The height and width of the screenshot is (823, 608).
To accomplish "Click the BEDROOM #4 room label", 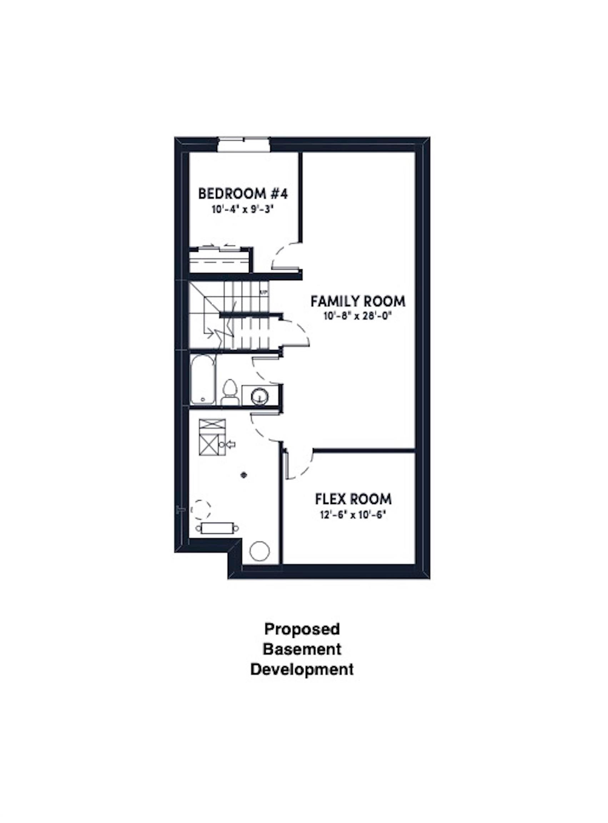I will coord(242,194).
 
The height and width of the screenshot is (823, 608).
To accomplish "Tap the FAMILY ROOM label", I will coord(358,301).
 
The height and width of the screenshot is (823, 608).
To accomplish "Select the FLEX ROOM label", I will coord(353,499).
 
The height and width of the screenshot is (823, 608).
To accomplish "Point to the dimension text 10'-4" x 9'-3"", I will coord(243,210).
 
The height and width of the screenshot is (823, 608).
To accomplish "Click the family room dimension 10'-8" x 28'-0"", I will coord(357,317).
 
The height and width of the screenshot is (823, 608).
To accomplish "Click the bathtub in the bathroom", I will coord(202,380).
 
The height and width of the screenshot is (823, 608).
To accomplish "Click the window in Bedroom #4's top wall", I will coord(243,144).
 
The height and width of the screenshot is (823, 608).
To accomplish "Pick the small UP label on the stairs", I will coord(263,293).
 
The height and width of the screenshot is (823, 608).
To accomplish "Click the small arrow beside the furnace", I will coord(231,445).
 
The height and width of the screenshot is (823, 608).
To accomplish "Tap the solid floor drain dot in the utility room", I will coord(243,475).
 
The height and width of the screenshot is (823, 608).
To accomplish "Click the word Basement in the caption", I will coord(302,649).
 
